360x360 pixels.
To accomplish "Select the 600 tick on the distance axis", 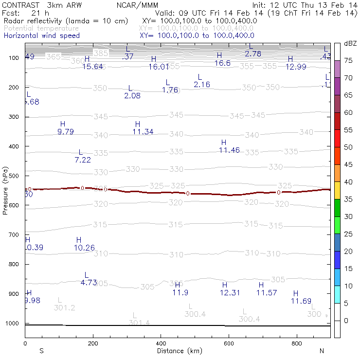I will (229, 343).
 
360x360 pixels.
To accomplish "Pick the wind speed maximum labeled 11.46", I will (229, 150).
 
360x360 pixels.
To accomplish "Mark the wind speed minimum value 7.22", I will (83, 160).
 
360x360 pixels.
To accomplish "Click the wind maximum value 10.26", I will (84, 248).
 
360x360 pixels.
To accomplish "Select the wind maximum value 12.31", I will (230, 292).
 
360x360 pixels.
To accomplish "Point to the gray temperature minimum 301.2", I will (64, 308).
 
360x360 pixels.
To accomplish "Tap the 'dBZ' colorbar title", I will (350, 43).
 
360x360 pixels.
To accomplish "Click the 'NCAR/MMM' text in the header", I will (133, 4).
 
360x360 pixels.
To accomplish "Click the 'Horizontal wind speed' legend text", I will (41, 36).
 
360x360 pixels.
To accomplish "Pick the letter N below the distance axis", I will (322, 351).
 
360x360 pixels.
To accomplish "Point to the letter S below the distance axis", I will (41, 351).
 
